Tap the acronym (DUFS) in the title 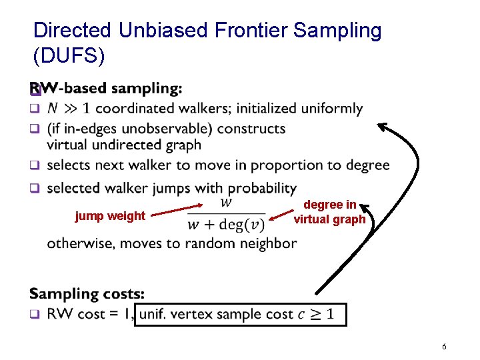click(69, 55)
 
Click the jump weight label click(109, 215)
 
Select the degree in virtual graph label click(330, 212)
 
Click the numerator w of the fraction click(226, 201)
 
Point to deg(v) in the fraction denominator click(245, 224)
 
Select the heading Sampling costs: click(87, 293)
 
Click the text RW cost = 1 click(89, 314)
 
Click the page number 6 click(444, 347)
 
